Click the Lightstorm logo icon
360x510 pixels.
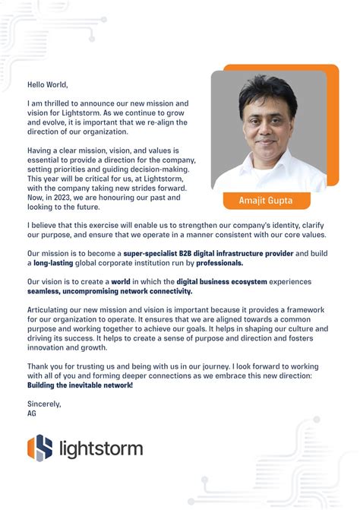39,447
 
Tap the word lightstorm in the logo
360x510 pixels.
100,448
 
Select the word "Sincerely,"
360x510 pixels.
44,403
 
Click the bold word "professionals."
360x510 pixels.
220,262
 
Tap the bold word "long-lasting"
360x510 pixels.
56,262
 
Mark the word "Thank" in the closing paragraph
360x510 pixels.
39,366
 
